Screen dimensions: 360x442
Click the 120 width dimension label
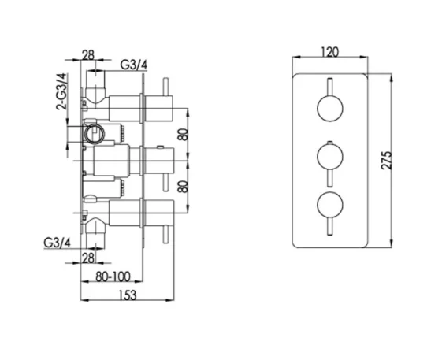331,52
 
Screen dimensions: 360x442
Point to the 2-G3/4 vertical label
62,91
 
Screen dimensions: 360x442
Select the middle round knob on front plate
329,156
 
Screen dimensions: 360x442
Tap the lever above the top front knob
329,86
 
